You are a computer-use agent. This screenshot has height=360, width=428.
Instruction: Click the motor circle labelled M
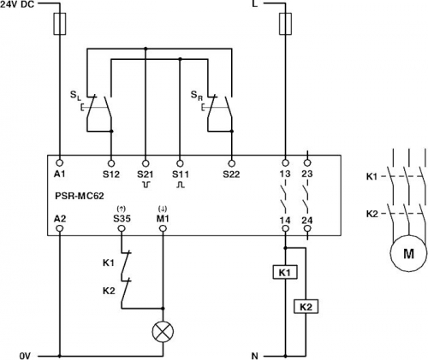click(408, 253)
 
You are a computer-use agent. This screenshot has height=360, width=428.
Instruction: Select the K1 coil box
click(285, 272)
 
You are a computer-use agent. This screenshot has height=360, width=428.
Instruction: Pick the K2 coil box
click(306, 307)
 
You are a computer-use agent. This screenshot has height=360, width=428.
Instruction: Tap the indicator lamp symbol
click(163, 332)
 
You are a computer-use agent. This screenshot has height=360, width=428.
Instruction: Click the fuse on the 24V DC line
click(60, 24)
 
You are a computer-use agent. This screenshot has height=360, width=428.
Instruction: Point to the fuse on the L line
click(285, 24)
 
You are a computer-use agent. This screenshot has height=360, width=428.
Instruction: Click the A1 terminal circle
click(60, 163)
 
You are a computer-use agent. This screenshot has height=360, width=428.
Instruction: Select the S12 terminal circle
click(111, 163)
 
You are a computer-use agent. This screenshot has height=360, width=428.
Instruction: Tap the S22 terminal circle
click(231, 163)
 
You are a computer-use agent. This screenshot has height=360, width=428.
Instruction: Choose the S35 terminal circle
click(122, 228)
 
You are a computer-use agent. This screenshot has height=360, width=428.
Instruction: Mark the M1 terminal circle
click(163, 228)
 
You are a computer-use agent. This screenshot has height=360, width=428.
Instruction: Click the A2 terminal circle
click(60, 228)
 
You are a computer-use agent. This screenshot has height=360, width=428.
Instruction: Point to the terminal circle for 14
click(285, 228)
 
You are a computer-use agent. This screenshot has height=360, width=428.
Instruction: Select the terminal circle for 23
click(307, 163)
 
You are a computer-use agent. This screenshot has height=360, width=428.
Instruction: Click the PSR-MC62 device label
click(80, 196)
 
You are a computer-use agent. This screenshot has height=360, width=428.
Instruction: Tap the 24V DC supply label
click(17, 4)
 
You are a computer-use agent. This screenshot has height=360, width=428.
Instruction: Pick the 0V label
click(25, 356)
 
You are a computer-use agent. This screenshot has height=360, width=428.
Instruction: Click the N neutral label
click(254, 356)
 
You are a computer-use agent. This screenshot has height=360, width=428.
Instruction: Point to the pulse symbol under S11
click(181, 185)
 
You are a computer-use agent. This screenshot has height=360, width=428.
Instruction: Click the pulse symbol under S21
click(146, 185)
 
